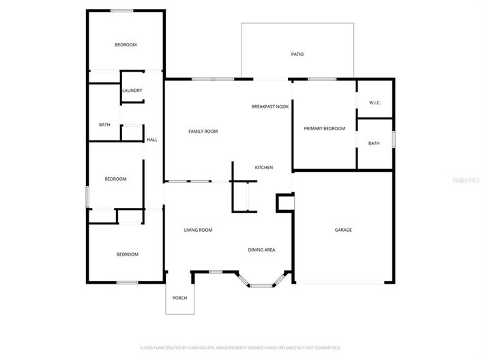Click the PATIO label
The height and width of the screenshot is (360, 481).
297,54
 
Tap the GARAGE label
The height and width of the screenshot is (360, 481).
343,230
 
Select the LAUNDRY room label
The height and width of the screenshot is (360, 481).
132,90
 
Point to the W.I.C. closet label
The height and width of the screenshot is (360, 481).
375,102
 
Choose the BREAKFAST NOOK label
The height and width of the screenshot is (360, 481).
270,106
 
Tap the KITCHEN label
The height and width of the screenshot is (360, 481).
264,167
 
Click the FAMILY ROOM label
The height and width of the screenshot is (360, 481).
203,131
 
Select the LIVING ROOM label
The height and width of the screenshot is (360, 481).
198,230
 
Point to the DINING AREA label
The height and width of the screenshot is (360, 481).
261,250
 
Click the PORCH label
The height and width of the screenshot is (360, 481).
179,298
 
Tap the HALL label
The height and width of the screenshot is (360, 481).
152,140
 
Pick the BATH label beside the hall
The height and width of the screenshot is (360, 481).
104,124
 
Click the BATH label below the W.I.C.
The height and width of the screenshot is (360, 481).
374,143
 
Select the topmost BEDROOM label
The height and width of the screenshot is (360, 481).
126,45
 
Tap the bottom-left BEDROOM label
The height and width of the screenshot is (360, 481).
127,254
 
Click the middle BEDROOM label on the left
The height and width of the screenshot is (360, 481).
115,179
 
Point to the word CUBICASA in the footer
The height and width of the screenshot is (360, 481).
198,348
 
